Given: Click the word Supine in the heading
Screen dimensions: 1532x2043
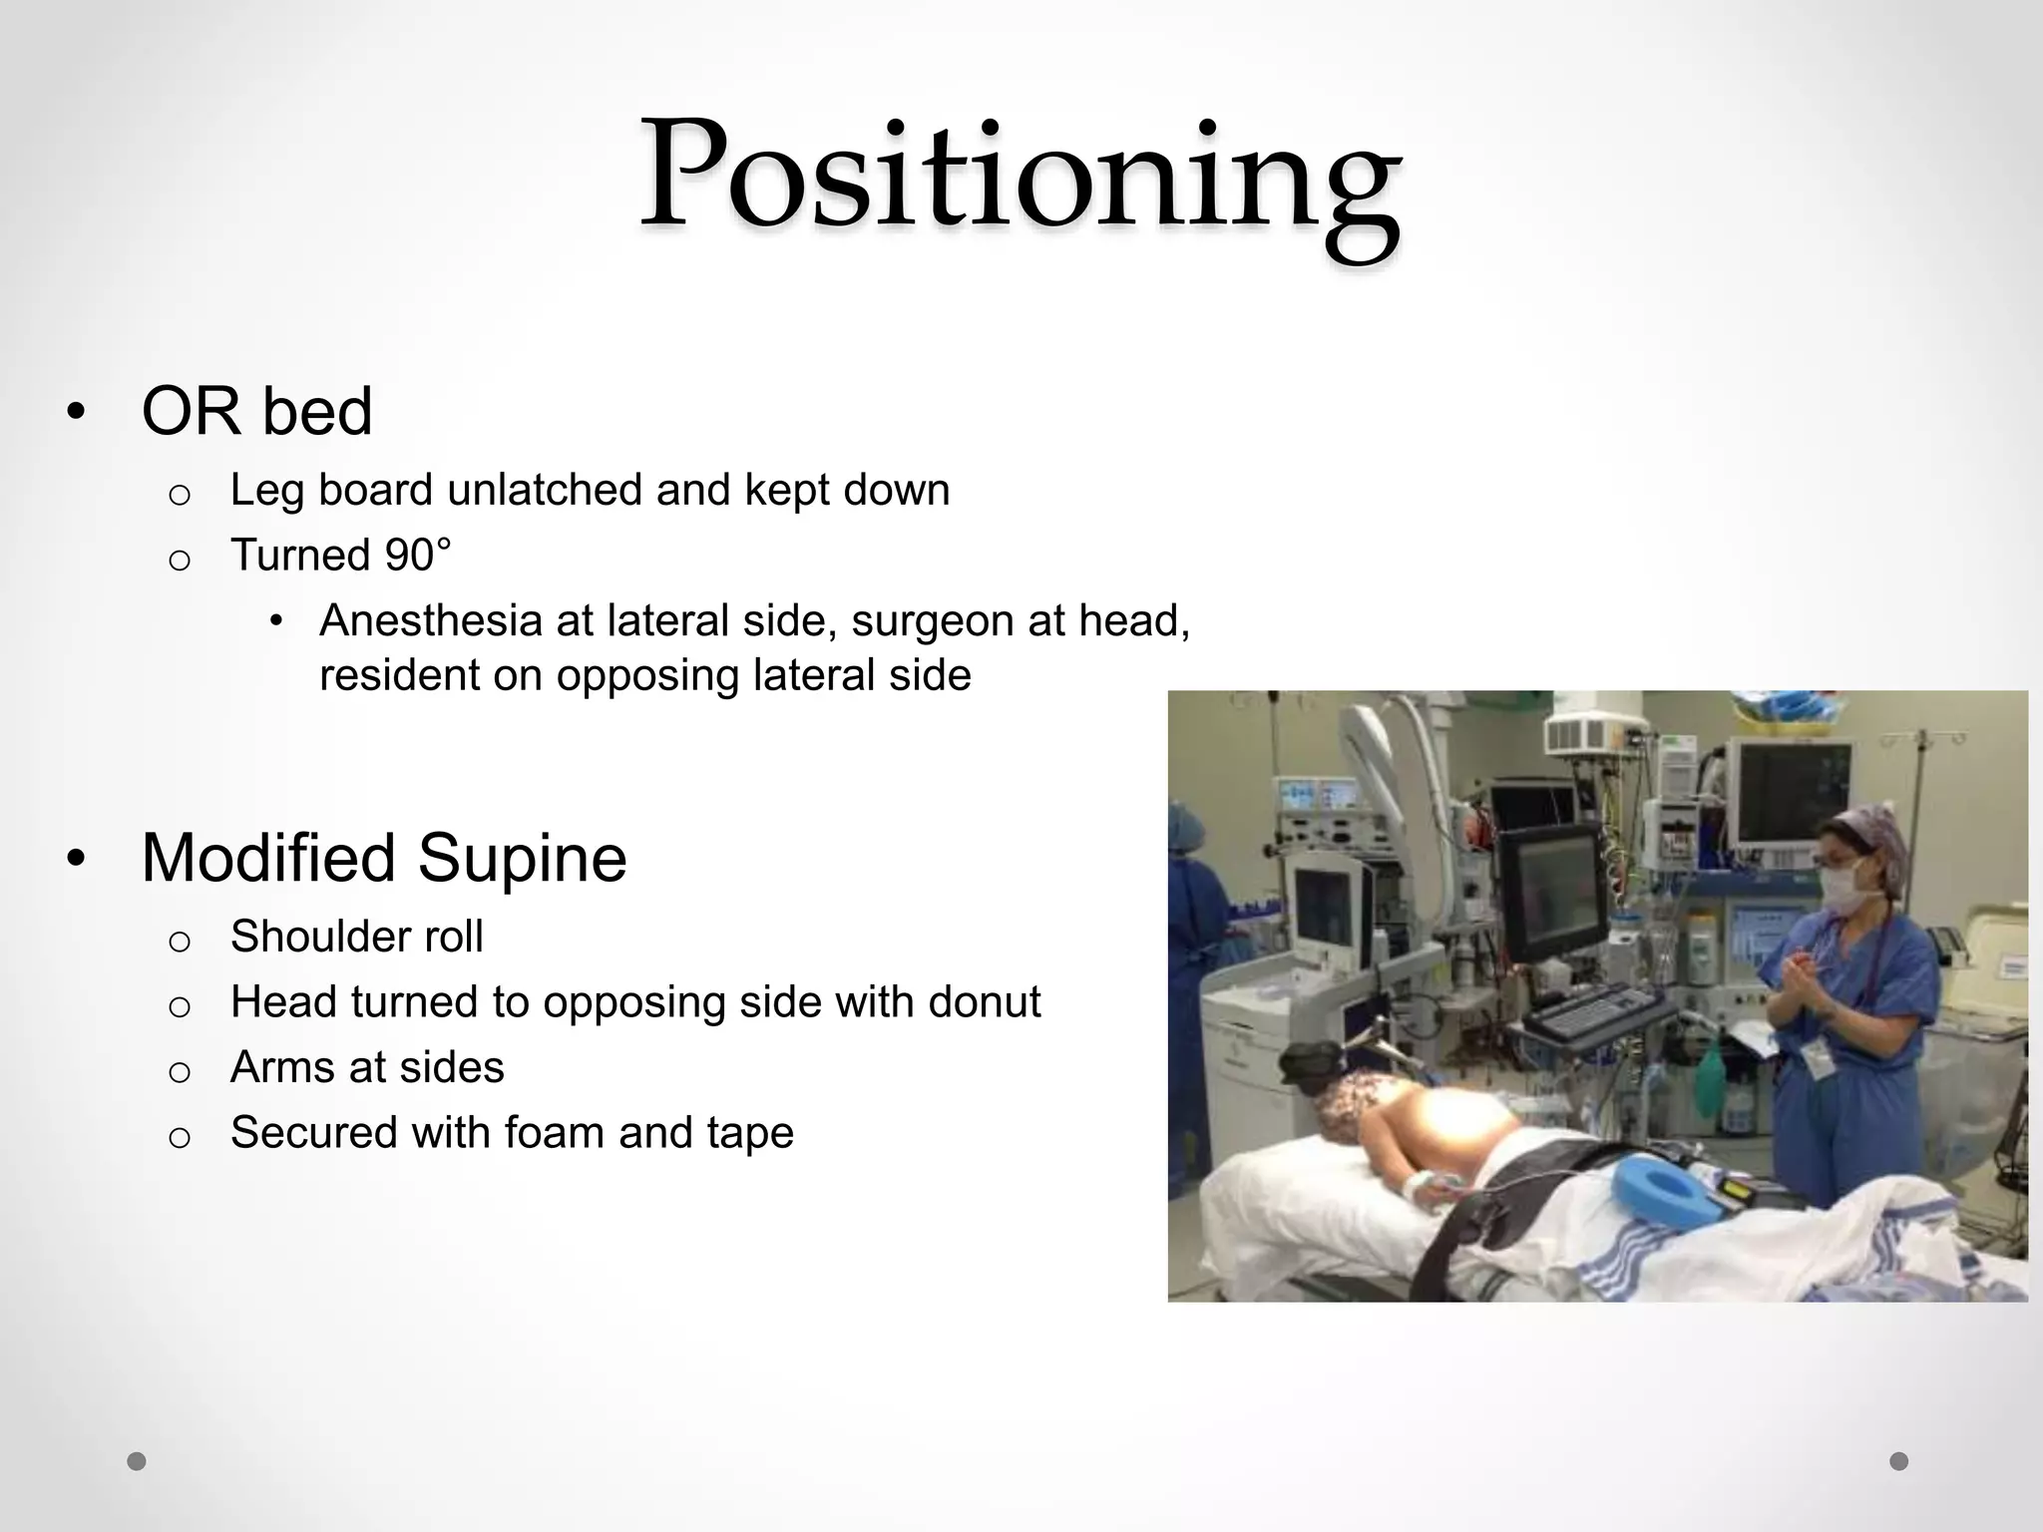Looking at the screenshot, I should pyautogui.click(x=522, y=858).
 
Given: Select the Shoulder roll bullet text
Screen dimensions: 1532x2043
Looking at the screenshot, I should pyautogui.click(x=356, y=937).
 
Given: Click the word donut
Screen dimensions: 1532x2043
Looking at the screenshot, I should pyautogui.click(x=984, y=1001).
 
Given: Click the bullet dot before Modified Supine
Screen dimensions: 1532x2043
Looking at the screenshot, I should pyautogui.click(x=76, y=859).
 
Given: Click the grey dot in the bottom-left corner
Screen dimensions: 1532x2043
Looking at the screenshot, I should pyautogui.click(x=137, y=1461).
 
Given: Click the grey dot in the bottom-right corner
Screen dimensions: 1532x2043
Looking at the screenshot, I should pyautogui.click(x=1898, y=1461).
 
